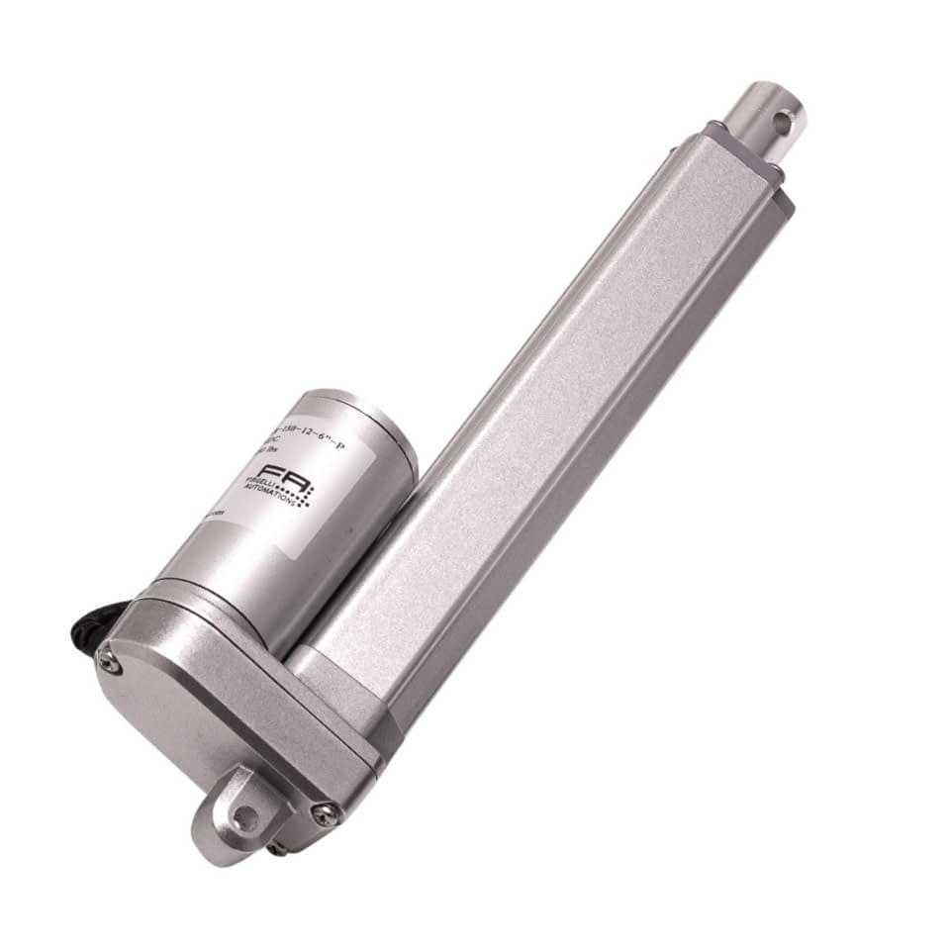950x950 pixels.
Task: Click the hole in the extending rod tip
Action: coord(782,123)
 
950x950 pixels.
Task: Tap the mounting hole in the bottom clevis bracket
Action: coord(244,816)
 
